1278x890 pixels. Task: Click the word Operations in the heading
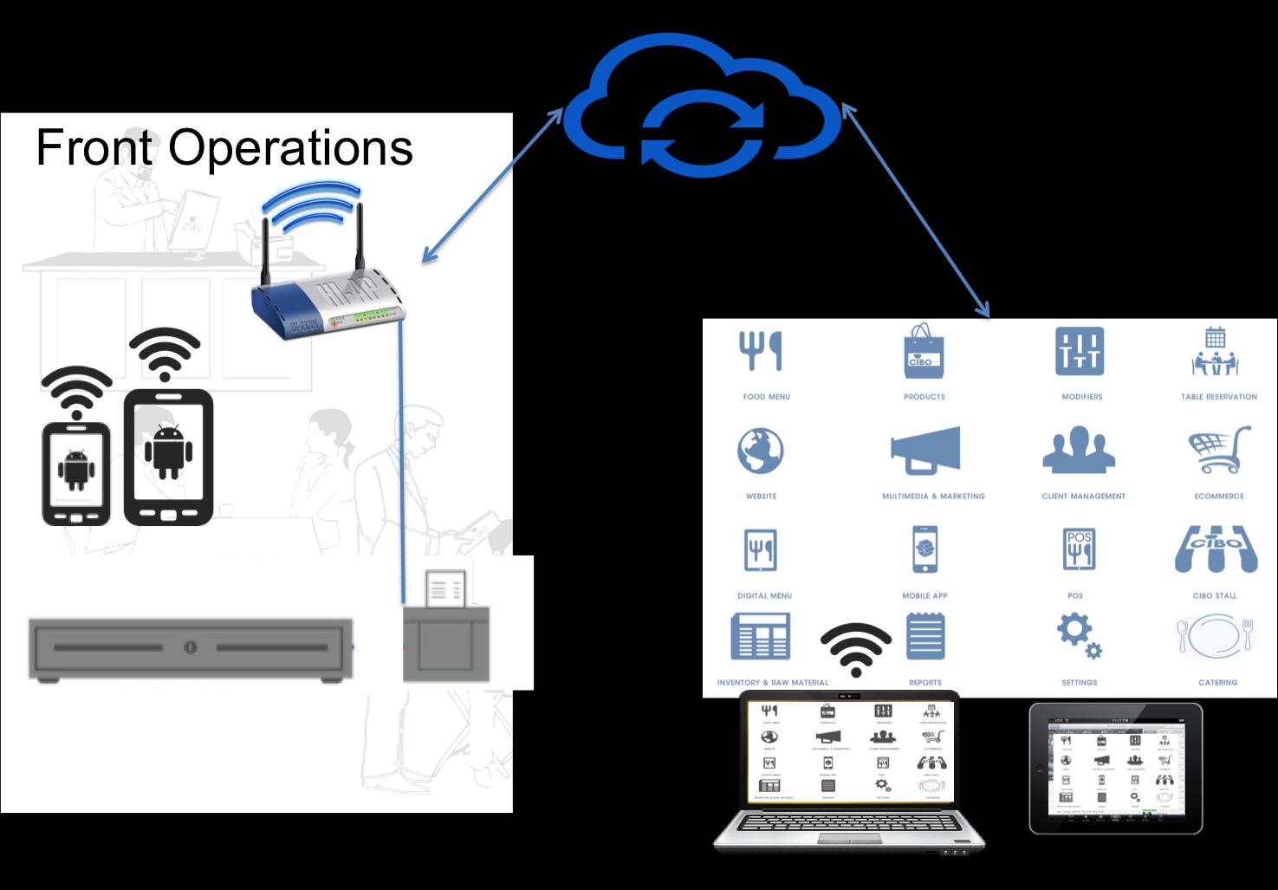(290, 147)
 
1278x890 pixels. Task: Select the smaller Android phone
(76, 472)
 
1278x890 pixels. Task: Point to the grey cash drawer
(191, 648)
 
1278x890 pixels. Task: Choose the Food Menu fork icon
(760, 352)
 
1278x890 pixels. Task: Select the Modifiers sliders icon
(1080, 352)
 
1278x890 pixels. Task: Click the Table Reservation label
(1218, 397)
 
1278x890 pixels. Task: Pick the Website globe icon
(761, 451)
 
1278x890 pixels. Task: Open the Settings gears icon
(1080, 637)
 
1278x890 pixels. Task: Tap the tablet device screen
(1116, 767)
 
